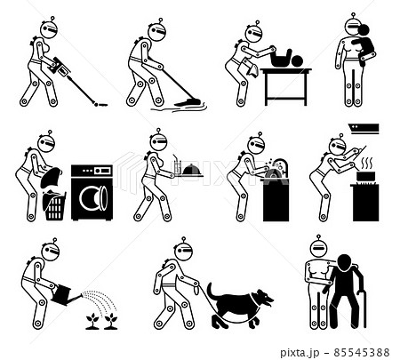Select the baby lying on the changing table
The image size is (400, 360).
pyautogui.click(x=284, y=60)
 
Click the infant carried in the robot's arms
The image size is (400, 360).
pyautogui.click(x=364, y=44)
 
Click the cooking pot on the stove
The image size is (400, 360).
pyautogui.click(x=365, y=177)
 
